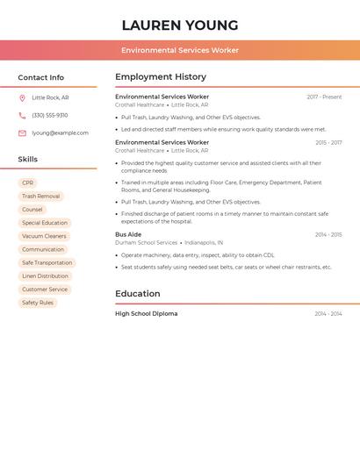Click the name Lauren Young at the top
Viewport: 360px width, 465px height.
click(180, 25)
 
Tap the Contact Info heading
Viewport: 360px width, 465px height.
click(40, 77)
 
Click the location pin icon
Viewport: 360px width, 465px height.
click(22, 98)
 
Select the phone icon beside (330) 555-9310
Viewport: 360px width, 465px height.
click(22, 116)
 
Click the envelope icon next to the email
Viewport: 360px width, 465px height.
click(22, 133)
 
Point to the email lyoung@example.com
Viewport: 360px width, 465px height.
click(60, 133)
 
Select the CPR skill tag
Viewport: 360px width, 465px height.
click(27, 183)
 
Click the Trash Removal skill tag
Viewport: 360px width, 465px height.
click(40, 197)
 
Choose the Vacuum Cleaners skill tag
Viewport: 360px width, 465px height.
click(44, 236)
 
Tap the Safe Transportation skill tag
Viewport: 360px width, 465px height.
click(47, 262)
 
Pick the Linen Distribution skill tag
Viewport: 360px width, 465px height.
click(45, 275)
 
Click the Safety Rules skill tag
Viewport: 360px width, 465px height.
click(38, 303)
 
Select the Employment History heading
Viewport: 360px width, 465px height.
click(161, 77)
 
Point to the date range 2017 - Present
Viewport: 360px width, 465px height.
click(324, 97)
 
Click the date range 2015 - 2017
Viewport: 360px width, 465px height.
click(328, 142)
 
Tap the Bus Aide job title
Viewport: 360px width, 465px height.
click(128, 234)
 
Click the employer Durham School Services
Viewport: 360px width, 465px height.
click(146, 243)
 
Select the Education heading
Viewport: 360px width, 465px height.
click(137, 294)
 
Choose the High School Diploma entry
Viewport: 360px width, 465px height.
click(146, 313)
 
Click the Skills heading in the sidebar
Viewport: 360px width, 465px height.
click(27, 160)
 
